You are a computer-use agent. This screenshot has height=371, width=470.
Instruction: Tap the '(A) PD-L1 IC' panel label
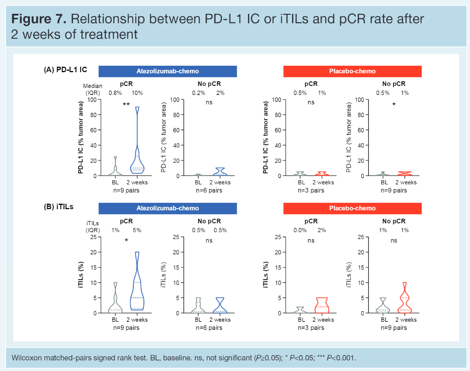pyautogui.click(x=65, y=70)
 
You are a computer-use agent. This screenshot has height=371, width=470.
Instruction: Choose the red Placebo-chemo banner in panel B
pyautogui.click(x=352, y=208)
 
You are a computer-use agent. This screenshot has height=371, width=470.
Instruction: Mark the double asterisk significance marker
pyautogui.click(x=126, y=105)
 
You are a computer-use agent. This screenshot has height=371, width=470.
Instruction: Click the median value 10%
pyautogui.click(x=137, y=93)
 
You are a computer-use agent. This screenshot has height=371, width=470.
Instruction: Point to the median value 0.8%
pyautogui.click(x=115, y=93)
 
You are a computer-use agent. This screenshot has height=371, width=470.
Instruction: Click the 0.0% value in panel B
pyautogui.click(x=300, y=230)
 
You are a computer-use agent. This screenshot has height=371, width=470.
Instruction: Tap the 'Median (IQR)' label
pyautogui.click(x=92, y=89)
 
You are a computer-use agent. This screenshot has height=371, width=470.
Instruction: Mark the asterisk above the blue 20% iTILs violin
pyautogui.click(x=126, y=240)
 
